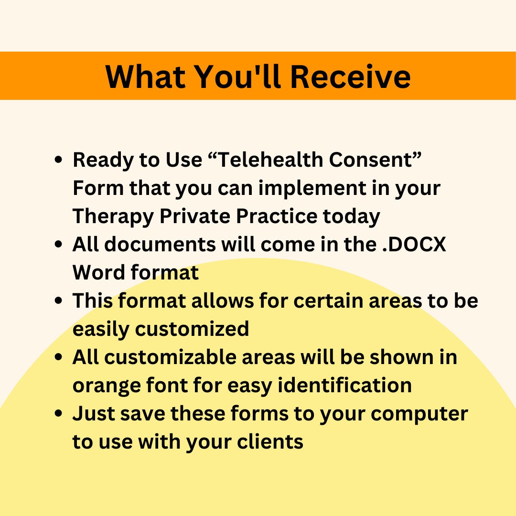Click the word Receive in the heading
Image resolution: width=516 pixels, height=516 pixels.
tap(350, 76)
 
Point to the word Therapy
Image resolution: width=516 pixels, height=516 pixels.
tap(113, 216)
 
